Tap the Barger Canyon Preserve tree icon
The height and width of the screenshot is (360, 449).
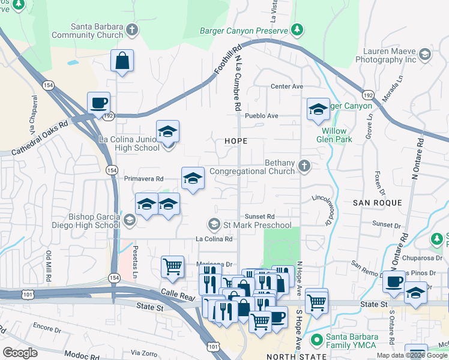pos(297,29)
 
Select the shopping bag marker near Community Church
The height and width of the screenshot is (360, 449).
pos(122,61)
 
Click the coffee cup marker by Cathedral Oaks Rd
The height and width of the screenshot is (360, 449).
pos(98,103)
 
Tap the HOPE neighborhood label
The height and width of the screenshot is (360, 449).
pos(235,140)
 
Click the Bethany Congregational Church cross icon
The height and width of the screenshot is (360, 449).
pos(305,166)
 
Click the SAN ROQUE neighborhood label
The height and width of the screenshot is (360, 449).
pos(377,203)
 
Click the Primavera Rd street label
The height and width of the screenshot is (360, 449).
pos(143,179)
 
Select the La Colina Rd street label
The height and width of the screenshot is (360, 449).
pos(214,239)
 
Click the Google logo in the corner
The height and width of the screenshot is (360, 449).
pos(20,352)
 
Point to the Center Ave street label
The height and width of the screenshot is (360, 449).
pos(287,86)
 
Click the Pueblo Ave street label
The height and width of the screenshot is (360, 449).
pos(264,115)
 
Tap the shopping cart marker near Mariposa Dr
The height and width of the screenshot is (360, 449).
pos(172,266)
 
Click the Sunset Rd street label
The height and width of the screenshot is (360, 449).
pos(259,217)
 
